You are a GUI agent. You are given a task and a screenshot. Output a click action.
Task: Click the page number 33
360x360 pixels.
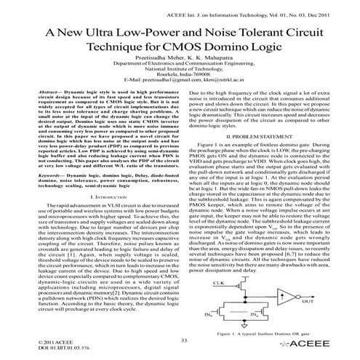(x=183, y=340)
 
